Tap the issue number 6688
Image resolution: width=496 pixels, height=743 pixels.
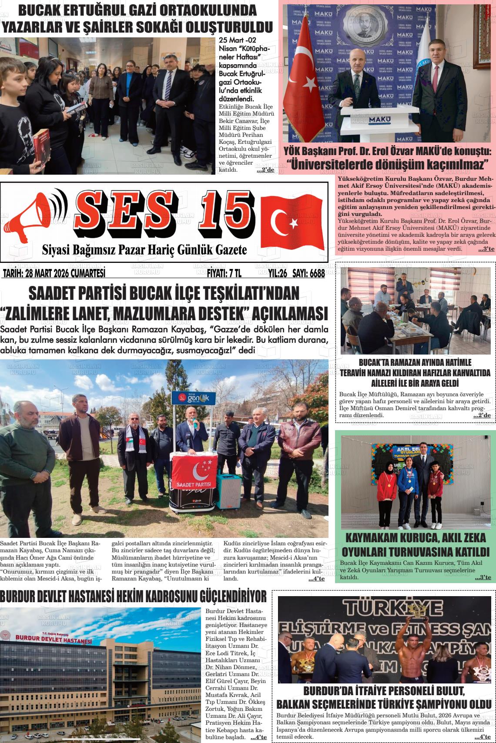[315, 274]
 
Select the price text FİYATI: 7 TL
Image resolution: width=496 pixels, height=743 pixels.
[224, 274]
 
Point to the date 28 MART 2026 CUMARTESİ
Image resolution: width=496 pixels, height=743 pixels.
[54, 274]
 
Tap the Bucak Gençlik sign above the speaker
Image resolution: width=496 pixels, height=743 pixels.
[194, 398]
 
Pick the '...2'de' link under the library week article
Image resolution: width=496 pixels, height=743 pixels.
[265, 170]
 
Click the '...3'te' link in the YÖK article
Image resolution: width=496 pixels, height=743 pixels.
[486, 249]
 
